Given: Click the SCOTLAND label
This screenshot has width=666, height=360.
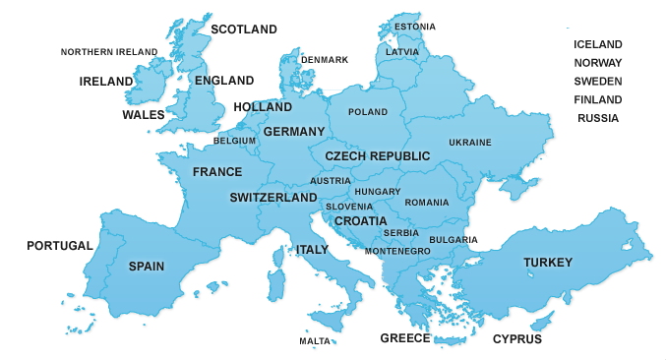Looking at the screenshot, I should [x=245, y=30].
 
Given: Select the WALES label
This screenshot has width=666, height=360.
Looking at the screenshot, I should [x=144, y=115].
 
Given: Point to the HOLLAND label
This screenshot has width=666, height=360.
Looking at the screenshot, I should [x=261, y=106].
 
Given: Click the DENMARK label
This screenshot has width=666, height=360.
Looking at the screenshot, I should [x=325, y=60].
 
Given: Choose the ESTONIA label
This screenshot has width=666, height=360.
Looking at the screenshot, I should [x=416, y=27].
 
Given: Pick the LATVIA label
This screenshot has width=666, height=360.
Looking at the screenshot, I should [x=402, y=51].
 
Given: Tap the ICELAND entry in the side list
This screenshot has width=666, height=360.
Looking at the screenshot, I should [x=598, y=44].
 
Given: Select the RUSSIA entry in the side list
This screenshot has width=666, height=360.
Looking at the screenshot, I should [x=598, y=118].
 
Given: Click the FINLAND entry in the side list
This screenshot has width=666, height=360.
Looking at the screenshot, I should [x=598, y=99].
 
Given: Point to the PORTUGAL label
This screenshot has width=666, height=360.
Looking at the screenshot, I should [x=59, y=245].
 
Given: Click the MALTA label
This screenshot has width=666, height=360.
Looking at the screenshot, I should [x=315, y=340].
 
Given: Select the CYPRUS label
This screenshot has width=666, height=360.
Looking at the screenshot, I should [x=517, y=339].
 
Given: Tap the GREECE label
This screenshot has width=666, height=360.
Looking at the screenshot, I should [x=405, y=338].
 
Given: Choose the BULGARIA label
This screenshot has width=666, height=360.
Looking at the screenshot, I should [x=454, y=239].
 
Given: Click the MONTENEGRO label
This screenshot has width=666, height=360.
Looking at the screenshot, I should [x=397, y=252].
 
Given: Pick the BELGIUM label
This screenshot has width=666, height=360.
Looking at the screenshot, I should [x=234, y=141].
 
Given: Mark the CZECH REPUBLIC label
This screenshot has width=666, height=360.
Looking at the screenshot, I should [x=378, y=156].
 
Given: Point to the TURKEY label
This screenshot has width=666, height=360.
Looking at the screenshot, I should [x=548, y=262].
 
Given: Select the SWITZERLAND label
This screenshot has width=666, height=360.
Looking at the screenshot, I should [x=273, y=198].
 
